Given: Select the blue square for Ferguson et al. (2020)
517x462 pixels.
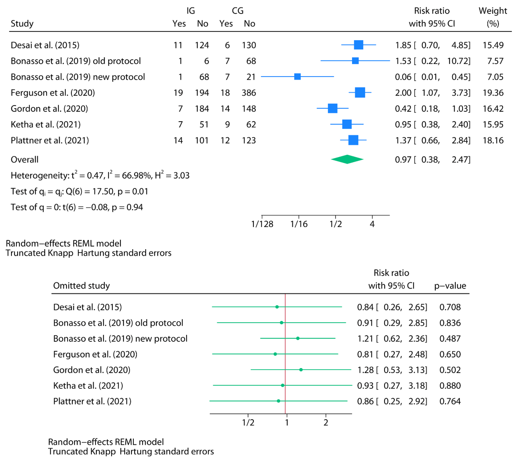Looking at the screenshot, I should click(360, 93).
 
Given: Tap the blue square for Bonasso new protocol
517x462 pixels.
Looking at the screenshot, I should click(297, 77).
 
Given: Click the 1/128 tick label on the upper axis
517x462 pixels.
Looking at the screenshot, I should click(262, 224).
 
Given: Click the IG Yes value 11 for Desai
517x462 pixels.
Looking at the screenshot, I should click(178, 45).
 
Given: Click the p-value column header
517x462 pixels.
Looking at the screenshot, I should click(450, 286).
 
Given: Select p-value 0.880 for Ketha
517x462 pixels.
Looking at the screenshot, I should click(450, 386).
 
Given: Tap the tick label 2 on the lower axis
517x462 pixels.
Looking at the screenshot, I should click(326, 423).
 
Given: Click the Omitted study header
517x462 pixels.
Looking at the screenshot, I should click(81, 286).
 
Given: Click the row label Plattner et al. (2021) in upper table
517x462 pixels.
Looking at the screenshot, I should click(50, 140).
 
